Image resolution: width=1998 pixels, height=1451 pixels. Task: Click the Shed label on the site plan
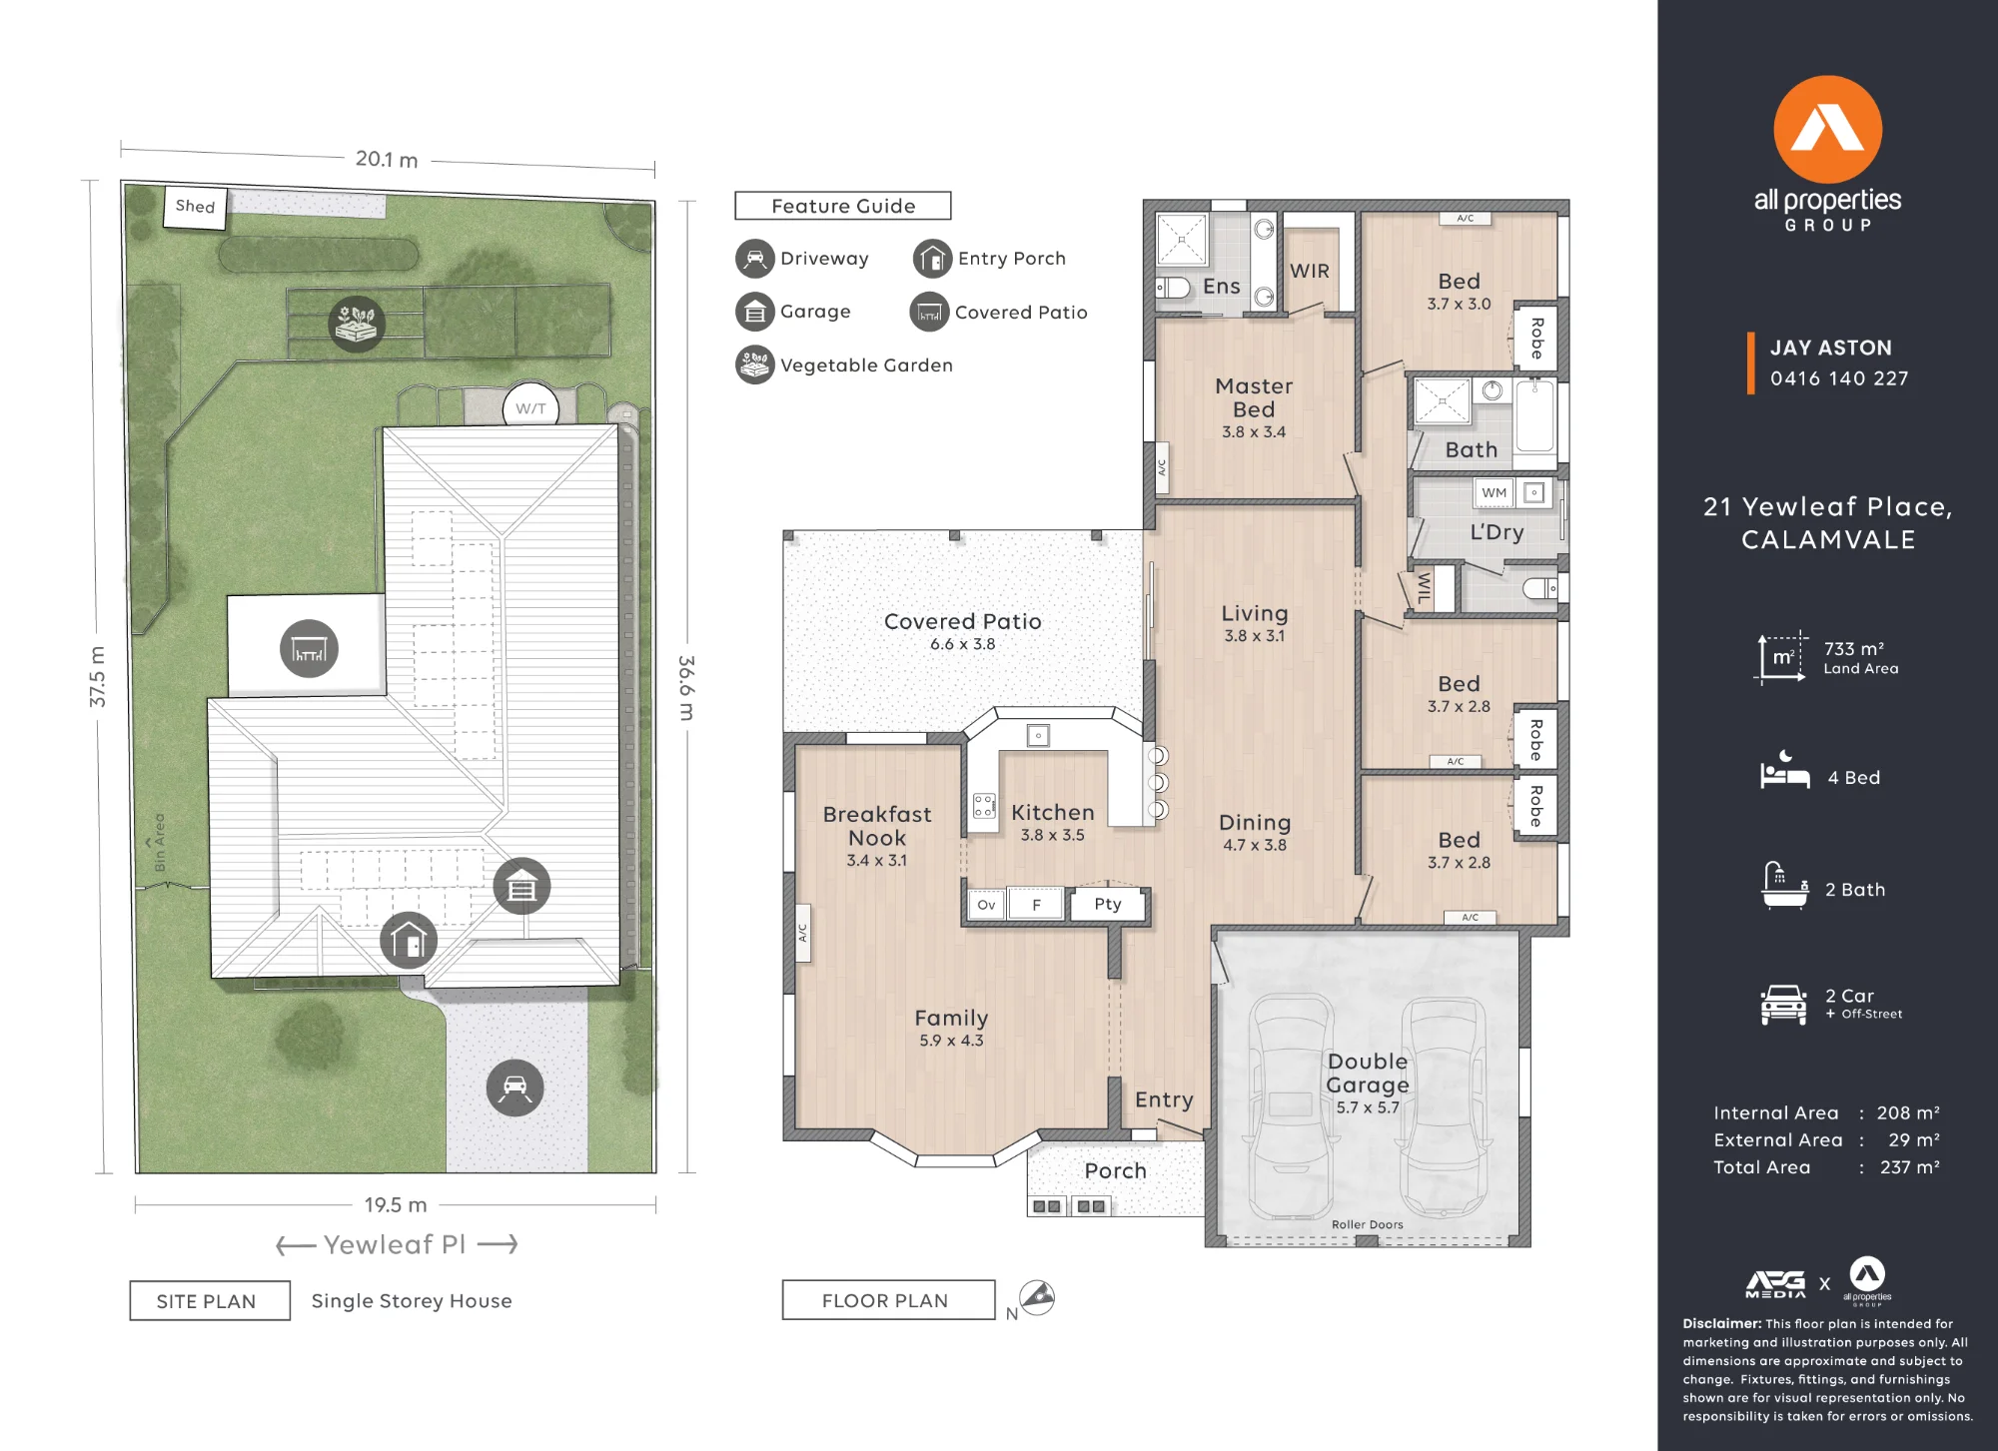pyautogui.click(x=195, y=207)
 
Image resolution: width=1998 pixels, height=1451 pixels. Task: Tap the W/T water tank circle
pyautogui.click(x=530, y=407)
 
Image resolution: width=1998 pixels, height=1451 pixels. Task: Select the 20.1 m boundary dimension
pyautogui.click(x=387, y=160)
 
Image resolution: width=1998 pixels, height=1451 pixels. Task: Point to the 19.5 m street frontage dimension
pyautogui.click(x=396, y=1205)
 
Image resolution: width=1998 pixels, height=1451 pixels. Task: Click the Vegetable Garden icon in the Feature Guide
pyautogui.click(x=755, y=364)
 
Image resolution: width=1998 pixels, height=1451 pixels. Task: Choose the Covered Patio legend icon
pyautogui.click(x=929, y=312)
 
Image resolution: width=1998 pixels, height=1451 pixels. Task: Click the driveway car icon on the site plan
pyautogui.click(x=515, y=1088)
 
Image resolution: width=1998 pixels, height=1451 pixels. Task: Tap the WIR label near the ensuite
pyautogui.click(x=1310, y=271)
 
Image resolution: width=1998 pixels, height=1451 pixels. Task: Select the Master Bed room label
pyautogui.click(x=1254, y=397)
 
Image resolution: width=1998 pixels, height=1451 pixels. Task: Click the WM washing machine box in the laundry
pyautogui.click(x=1495, y=492)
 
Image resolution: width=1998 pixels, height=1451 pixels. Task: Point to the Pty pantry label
pyautogui.click(x=1108, y=904)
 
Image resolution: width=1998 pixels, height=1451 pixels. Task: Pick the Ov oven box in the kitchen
pyautogui.click(x=986, y=905)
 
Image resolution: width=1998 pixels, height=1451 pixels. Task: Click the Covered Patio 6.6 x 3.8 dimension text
pyautogui.click(x=963, y=645)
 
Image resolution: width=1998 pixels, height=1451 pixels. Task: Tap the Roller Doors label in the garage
pyautogui.click(x=1368, y=1224)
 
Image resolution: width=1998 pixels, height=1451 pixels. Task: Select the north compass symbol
pyautogui.click(x=1037, y=1297)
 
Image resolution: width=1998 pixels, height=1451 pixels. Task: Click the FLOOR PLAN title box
pyautogui.click(x=889, y=1300)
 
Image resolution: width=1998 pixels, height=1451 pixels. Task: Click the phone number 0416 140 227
pyautogui.click(x=1839, y=378)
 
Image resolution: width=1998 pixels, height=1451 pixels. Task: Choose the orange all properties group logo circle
pyautogui.click(x=1828, y=130)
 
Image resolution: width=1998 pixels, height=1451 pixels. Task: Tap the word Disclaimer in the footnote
pyautogui.click(x=1722, y=1324)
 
